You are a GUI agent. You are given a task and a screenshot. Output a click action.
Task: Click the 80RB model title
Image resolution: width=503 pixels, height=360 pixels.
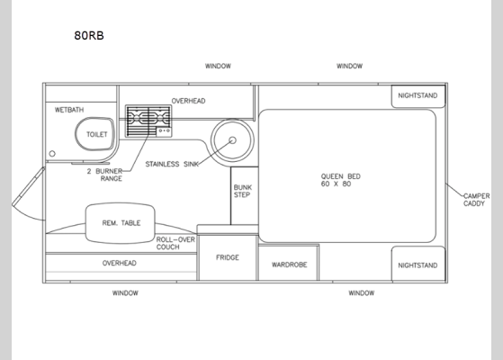tap(88, 37)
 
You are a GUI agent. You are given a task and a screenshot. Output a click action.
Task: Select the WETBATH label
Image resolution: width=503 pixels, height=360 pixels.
tap(69, 110)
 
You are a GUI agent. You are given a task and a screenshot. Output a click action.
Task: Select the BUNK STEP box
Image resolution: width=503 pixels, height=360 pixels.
tap(243, 192)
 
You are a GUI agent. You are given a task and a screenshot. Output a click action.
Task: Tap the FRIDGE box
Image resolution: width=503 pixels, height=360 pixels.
tap(227, 257)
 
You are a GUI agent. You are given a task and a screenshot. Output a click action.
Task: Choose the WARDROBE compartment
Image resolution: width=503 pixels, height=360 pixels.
tap(288, 265)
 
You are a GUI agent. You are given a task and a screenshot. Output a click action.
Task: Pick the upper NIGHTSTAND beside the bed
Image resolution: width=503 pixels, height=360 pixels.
tap(418, 96)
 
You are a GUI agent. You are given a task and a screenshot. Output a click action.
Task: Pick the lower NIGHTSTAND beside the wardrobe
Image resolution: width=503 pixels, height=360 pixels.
tap(418, 265)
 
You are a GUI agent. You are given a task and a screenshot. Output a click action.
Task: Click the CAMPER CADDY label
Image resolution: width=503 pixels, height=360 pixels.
tap(476, 200)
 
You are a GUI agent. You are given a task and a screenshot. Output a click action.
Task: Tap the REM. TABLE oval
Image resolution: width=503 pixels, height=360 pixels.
tap(120, 223)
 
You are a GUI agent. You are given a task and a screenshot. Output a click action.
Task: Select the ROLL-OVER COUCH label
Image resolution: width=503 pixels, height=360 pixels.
tap(175, 243)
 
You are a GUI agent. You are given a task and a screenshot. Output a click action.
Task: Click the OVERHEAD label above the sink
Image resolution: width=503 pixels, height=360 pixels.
tap(188, 101)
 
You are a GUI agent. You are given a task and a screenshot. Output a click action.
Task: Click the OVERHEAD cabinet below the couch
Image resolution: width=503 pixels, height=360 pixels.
tap(120, 264)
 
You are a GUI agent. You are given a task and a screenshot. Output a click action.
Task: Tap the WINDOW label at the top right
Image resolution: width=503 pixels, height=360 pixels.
tap(349, 66)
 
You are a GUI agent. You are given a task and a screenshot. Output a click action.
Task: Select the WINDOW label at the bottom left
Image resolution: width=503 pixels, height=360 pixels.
tap(125, 292)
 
